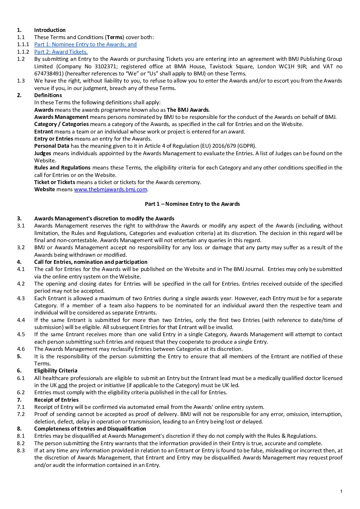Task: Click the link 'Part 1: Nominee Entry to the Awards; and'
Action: pyautogui.click(x=85, y=44)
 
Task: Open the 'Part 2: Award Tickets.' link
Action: pyautogui.click(x=61, y=52)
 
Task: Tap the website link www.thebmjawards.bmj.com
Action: pyautogui.click(x=110, y=189)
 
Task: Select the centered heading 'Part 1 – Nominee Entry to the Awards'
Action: pyautogui.click(x=192, y=204)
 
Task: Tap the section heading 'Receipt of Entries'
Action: pyautogui.click(x=56, y=400)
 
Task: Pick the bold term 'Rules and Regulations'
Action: pyautogui.click(x=62, y=167)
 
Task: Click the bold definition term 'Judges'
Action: pyautogui.click(x=42, y=153)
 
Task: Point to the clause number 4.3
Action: pyautogui.click(x=21, y=298)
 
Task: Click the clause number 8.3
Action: pyautogui.click(x=21, y=450)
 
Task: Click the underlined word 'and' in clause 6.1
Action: pyautogui.click(x=63, y=385)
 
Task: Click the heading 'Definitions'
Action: pyautogui.click(x=48, y=95)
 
